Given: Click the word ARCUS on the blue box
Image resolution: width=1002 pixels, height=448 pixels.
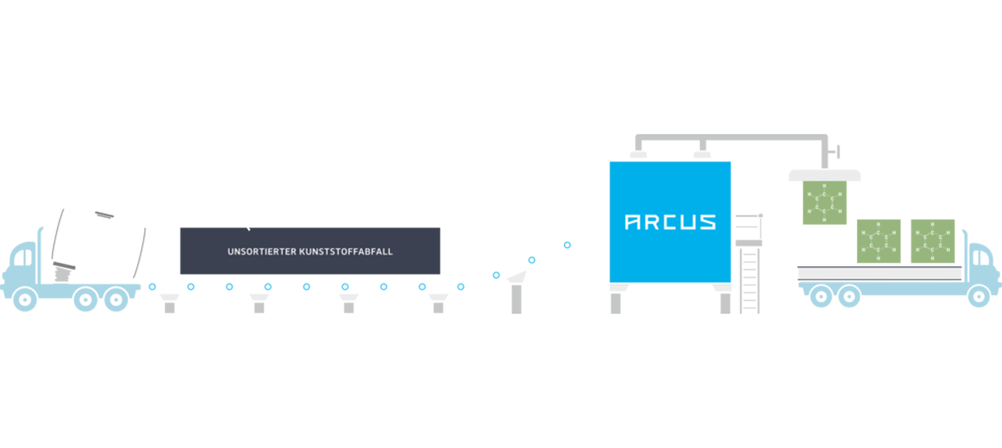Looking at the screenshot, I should point(670,222).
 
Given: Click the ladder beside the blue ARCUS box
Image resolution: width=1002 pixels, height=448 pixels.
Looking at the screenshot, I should point(749,279).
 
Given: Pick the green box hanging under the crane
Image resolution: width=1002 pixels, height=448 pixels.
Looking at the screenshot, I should point(825,202).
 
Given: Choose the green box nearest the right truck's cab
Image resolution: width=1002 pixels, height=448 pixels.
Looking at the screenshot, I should point(933,241).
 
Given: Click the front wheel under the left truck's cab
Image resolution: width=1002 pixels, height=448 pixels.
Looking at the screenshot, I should point(25,299).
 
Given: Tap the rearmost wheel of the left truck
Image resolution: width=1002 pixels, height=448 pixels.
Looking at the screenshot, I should point(116,299).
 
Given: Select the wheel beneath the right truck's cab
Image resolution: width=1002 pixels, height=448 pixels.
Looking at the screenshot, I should point(978,296).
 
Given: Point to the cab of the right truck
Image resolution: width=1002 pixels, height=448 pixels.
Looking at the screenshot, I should point(983,266).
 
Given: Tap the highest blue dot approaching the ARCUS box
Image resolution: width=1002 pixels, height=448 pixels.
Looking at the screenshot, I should point(567,245).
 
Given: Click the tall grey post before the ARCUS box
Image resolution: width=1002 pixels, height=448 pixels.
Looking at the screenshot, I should point(516,296).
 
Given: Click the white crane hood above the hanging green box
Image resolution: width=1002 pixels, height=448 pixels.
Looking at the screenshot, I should point(824,176).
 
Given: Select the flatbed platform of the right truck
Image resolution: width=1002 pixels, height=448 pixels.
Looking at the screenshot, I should point(879,273).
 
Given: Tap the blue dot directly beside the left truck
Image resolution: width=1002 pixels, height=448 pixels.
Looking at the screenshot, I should point(152,286).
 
